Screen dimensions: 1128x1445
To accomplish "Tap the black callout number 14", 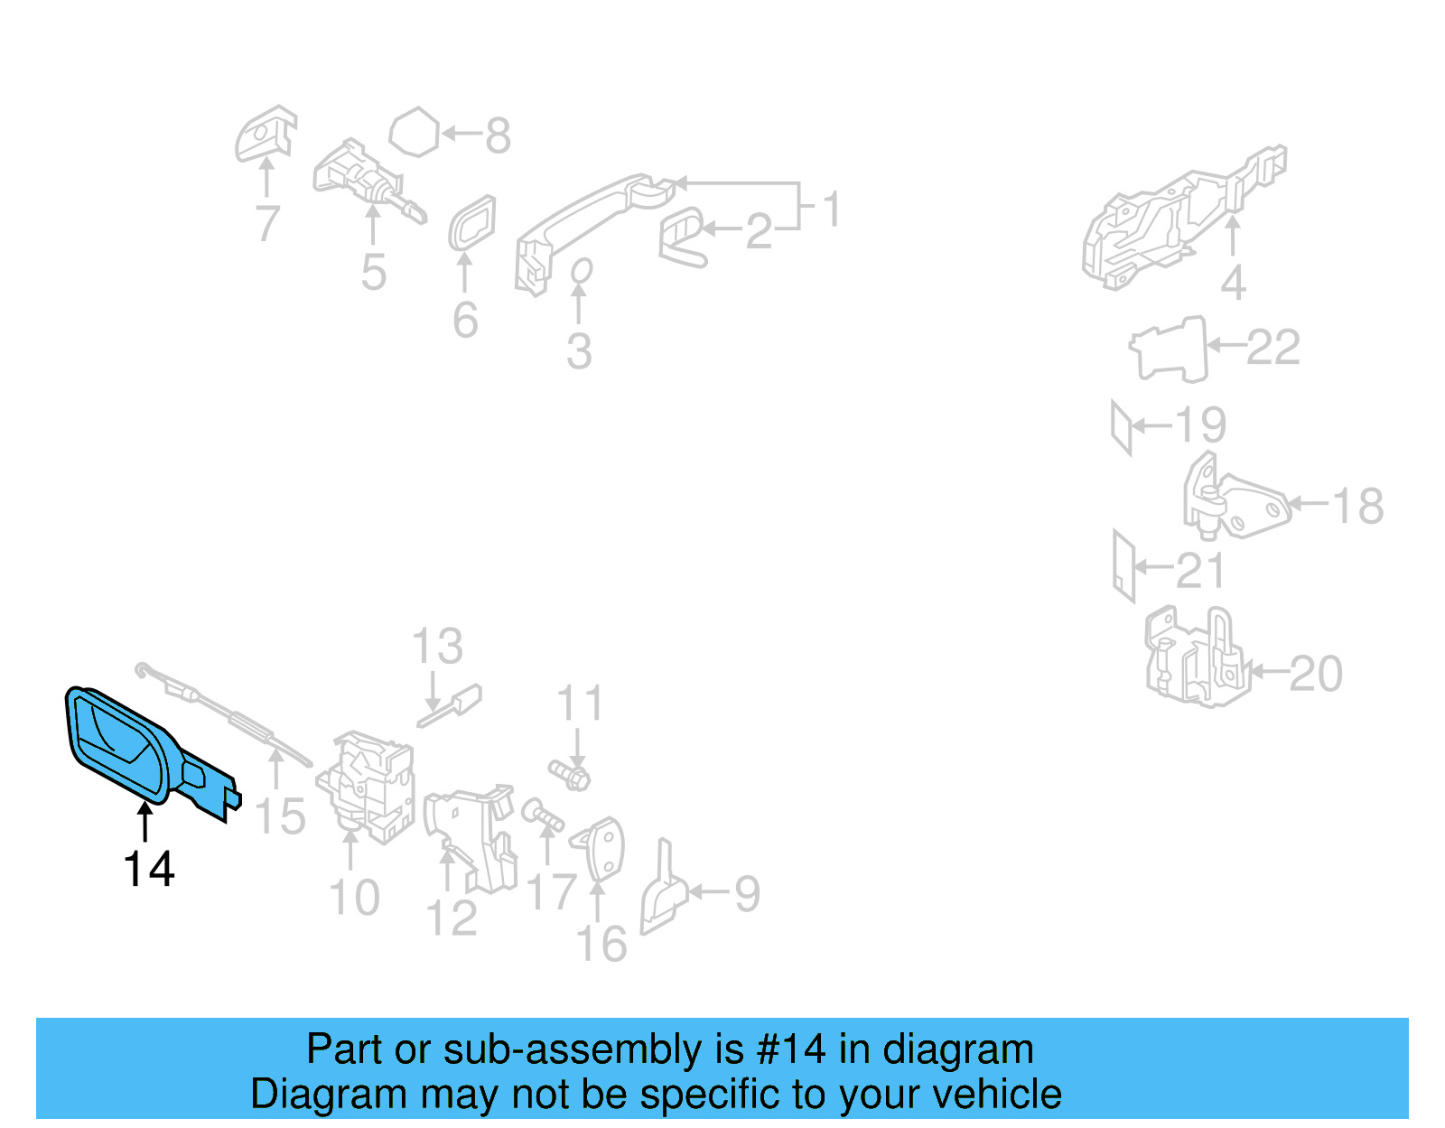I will (149, 869).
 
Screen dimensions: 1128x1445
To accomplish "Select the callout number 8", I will (498, 135).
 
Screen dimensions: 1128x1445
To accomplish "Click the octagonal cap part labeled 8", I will (415, 133).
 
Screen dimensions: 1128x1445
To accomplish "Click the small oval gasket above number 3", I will (582, 270).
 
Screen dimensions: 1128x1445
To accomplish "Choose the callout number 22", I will (1273, 347).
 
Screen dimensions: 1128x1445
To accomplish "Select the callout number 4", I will (1233, 283).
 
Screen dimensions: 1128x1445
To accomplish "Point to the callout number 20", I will (1315, 674).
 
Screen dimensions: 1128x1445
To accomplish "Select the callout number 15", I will (281, 816).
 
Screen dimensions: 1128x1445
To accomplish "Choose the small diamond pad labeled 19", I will (1121, 427).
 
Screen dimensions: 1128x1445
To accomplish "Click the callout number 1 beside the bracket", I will (832, 209).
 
